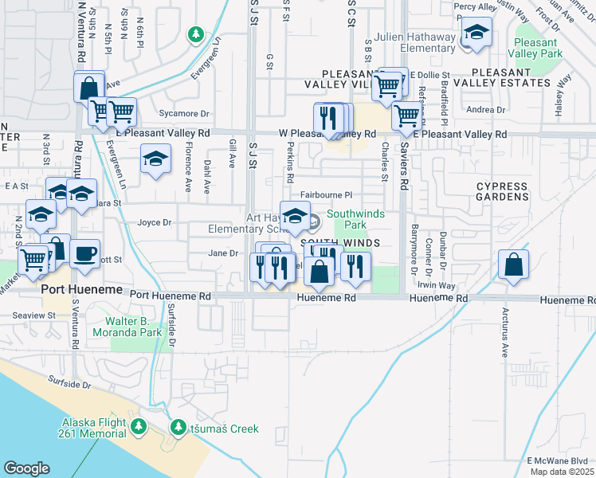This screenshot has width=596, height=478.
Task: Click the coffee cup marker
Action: (85, 254)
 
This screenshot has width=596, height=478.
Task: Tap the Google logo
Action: (25, 468)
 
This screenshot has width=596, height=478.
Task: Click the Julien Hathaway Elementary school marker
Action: (476, 33)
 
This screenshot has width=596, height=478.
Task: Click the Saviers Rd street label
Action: (404, 171)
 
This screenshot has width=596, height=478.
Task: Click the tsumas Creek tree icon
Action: (178, 428)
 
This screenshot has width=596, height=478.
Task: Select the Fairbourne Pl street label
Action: (326, 194)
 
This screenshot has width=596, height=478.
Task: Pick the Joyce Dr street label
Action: (155, 223)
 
